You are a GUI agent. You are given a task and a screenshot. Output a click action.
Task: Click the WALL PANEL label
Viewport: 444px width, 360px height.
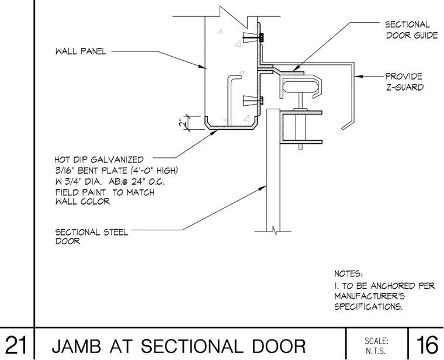point(81,51)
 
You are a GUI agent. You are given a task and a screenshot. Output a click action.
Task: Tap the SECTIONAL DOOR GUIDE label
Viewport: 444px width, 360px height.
point(411,30)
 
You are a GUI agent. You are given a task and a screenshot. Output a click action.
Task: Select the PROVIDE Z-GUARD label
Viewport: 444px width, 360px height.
point(404,82)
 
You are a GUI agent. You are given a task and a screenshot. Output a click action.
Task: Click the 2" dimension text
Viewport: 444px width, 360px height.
point(183,123)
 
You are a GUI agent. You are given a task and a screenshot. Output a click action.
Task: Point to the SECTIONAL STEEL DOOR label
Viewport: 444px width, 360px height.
point(92,237)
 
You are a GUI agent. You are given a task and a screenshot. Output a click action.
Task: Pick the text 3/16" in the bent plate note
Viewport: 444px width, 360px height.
point(65,171)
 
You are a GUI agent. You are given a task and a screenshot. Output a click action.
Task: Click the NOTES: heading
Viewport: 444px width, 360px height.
point(348,274)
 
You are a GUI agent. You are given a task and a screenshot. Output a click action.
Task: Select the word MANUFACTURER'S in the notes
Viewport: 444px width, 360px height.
point(370,296)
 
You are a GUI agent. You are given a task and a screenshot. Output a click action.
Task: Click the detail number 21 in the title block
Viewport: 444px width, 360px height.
point(16,345)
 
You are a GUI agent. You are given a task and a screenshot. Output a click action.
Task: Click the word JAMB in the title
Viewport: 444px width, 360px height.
point(76,346)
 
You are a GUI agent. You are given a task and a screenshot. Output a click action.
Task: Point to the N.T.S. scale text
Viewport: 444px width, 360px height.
point(376,351)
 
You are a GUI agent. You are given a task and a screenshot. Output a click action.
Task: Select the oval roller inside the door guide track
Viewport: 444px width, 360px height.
point(301,86)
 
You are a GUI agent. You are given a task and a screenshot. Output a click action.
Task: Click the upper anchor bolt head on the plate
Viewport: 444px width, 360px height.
point(261,37)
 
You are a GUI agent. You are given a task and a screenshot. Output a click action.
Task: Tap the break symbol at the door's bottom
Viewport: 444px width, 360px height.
point(274,231)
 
